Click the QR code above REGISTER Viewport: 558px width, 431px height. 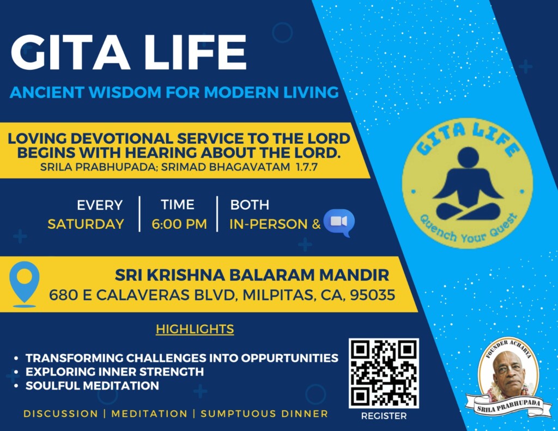point(384,373)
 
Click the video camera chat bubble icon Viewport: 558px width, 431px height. point(339,223)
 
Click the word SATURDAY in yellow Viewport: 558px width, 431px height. point(86,224)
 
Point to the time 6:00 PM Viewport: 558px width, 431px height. point(179,224)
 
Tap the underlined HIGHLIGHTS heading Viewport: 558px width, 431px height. point(195,329)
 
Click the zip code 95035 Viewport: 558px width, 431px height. point(373,295)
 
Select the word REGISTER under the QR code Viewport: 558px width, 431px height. point(384,416)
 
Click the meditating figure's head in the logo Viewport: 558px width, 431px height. point(468,157)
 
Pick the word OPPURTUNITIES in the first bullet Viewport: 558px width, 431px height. point(290,358)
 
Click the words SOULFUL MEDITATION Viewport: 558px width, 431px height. point(92,386)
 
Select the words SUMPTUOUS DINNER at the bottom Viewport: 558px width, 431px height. point(264,414)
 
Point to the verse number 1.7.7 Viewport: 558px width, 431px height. point(306,167)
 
